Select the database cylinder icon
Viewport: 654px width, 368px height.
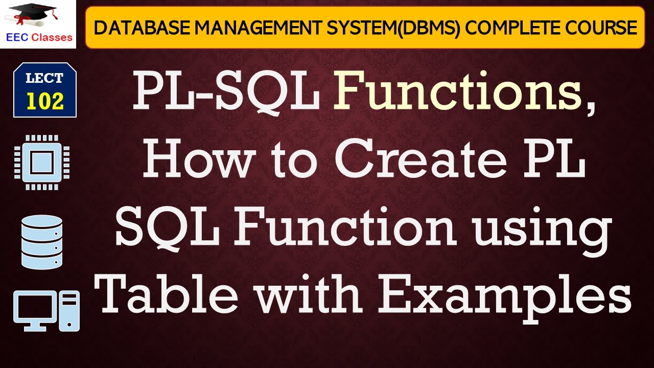(42, 241)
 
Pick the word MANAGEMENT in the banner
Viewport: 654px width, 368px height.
(232, 28)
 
